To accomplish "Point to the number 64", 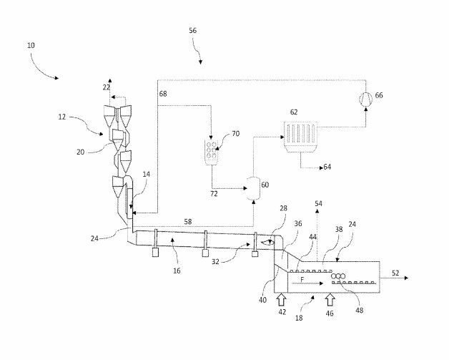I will tap(327, 167).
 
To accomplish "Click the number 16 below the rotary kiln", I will tap(176, 271).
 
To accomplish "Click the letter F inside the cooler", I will tap(302, 281).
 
